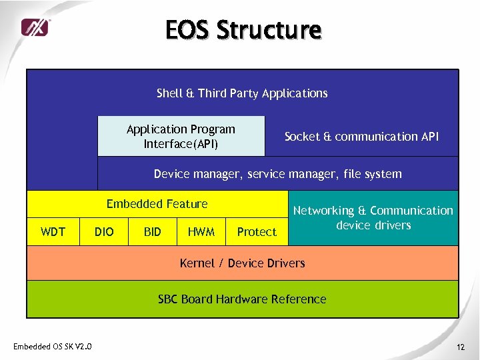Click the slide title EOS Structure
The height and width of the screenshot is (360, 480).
[x=243, y=30]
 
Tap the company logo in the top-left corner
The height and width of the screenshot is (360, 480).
[x=35, y=27]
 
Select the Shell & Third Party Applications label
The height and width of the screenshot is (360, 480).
[x=242, y=93]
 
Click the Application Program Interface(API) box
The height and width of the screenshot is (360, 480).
[x=181, y=136]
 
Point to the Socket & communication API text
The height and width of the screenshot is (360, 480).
[x=361, y=136]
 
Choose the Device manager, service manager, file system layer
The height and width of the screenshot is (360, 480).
[x=277, y=174]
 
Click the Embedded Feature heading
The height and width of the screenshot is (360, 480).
[x=157, y=204]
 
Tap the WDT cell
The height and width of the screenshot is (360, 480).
[x=53, y=231]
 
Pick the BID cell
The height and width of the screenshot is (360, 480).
[x=152, y=231]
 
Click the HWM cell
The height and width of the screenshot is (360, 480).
[x=201, y=231]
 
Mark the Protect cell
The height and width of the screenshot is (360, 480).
[x=257, y=231]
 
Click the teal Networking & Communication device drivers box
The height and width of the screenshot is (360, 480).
[x=373, y=218]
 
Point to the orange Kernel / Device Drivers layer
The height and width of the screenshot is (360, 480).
[x=242, y=263]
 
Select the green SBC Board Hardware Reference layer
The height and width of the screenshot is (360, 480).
[x=242, y=299]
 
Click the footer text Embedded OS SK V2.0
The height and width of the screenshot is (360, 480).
[x=53, y=346]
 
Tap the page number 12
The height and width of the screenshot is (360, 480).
[x=460, y=347]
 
